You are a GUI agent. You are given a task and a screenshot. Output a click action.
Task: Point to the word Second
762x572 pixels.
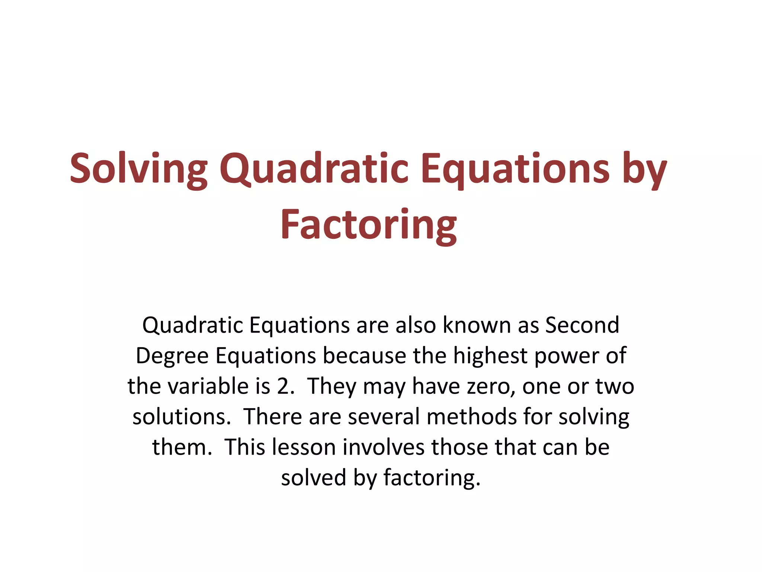[x=582, y=325]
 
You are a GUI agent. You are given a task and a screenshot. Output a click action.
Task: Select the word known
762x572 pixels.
[x=477, y=325]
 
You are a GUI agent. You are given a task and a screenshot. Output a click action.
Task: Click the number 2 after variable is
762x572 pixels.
[x=283, y=386]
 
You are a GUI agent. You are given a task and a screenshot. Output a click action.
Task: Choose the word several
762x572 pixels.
[x=384, y=417]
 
